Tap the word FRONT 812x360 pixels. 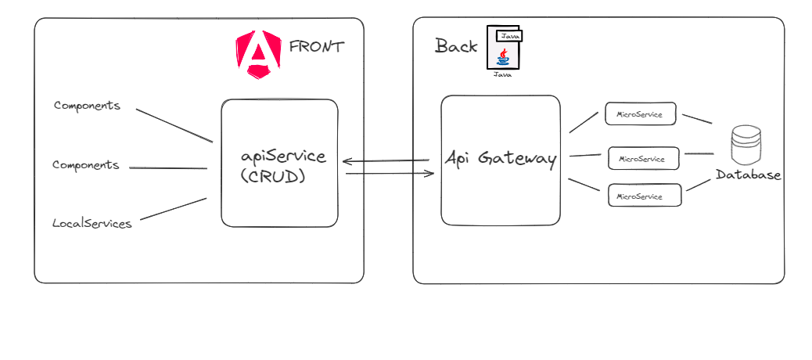click(316, 46)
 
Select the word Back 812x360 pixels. click(456, 46)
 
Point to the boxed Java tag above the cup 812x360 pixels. click(509, 35)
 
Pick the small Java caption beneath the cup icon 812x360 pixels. click(502, 74)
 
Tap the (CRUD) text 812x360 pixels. click(273, 177)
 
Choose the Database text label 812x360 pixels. click(748, 175)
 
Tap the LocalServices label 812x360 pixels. click(92, 224)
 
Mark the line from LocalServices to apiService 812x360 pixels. click(173, 209)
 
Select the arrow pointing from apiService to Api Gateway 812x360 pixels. click(390, 173)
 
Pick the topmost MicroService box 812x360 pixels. click(640, 114)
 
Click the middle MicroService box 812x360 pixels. click(644, 159)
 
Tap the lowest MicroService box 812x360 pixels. click(645, 196)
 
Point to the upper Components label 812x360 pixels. click(88, 106)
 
